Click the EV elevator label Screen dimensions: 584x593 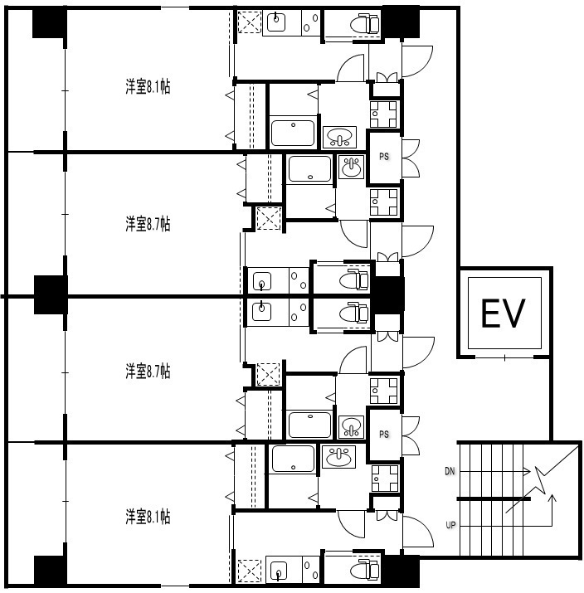pyautogui.click(x=503, y=314)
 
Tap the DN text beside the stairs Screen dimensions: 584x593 pyautogui.click(x=450, y=471)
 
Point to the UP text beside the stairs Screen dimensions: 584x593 pyautogui.click(x=450, y=525)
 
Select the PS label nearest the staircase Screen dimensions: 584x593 pyautogui.click(x=384, y=434)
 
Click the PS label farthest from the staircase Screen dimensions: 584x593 pyautogui.click(x=384, y=157)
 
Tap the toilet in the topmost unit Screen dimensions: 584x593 pyautogui.click(x=364, y=24)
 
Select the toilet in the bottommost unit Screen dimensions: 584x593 pyautogui.click(x=364, y=570)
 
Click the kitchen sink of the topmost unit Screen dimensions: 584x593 pyautogui.click(x=276, y=22)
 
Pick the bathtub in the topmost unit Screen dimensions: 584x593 pyautogui.click(x=293, y=133)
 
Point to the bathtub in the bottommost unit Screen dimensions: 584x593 pyautogui.click(x=293, y=459)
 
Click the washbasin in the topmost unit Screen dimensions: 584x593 pyautogui.click(x=339, y=137)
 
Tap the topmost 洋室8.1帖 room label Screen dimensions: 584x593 pyautogui.click(x=148, y=86)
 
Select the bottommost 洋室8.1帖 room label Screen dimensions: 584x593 pyautogui.click(x=148, y=517)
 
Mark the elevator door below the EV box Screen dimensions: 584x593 pyautogui.click(x=504, y=357)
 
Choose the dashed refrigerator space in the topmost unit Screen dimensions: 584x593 pyautogui.click(x=249, y=22)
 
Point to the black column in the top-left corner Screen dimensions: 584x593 pyautogui.click(x=50, y=22)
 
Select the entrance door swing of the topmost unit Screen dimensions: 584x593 pyautogui.click(x=417, y=61)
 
